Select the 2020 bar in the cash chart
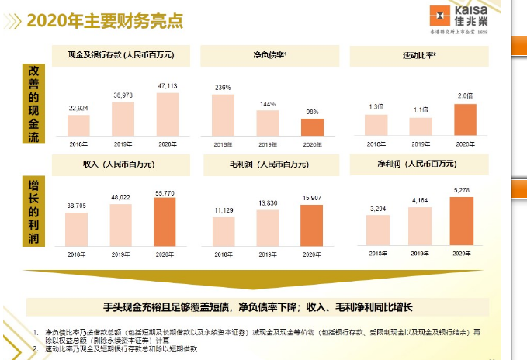pos(167,114)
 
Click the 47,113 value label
pos(167,87)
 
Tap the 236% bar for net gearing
pos(223,116)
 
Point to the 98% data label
pos(312,112)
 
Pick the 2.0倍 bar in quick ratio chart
pos(465,120)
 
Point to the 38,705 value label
pos(76,206)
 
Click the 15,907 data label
pos(312,198)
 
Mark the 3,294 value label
pos(378,209)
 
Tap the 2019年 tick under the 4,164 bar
pos(420,254)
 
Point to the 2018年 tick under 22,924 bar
pos(78,144)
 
